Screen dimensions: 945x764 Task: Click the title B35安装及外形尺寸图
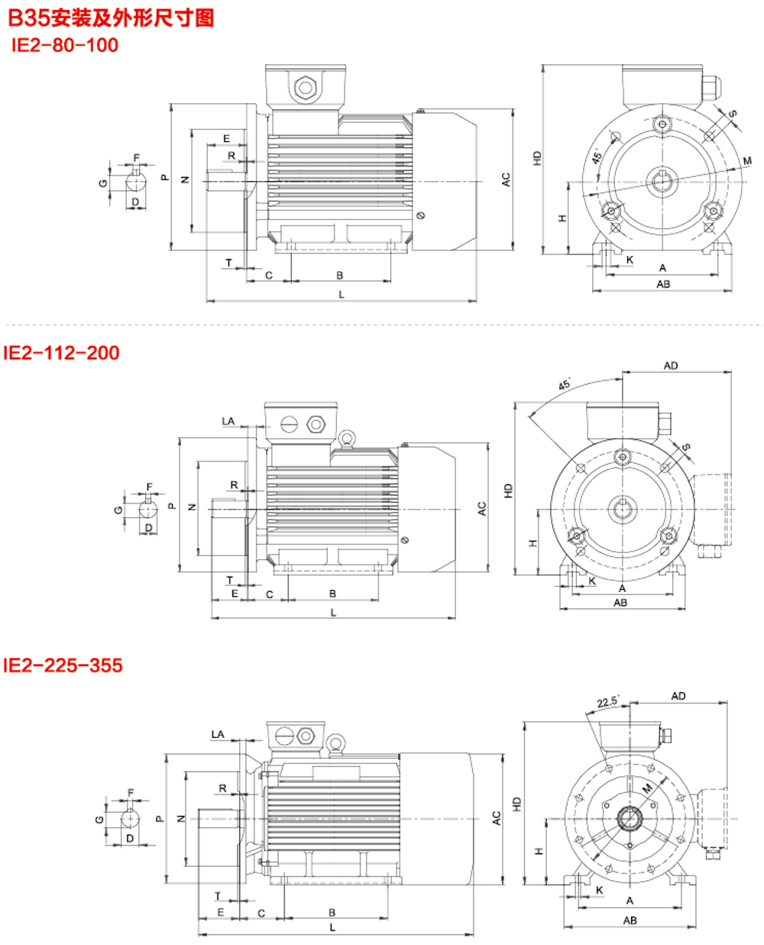(x=111, y=18)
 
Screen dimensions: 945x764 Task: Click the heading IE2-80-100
(x=65, y=45)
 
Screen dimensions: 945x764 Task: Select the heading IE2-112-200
(x=61, y=352)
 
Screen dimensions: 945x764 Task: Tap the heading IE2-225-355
(x=63, y=665)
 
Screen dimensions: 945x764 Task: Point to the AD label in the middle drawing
(x=671, y=366)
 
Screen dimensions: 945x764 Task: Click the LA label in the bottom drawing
(x=218, y=735)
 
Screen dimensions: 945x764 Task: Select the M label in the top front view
(x=747, y=161)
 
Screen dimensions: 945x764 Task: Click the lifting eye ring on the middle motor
(x=348, y=437)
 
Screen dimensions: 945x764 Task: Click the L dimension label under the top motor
(x=342, y=294)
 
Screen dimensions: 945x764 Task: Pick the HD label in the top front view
(x=537, y=159)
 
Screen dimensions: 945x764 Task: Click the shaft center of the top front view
(x=660, y=182)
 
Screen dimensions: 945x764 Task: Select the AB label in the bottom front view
(x=630, y=921)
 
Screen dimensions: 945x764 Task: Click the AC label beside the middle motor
(x=482, y=508)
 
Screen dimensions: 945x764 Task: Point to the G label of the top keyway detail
(x=102, y=183)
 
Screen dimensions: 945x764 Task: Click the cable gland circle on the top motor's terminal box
(x=306, y=88)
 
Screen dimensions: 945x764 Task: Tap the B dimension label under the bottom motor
(x=332, y=912)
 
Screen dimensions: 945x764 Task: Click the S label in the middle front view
(x=686, y=448)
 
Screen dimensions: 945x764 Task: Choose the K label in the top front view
(x=630, y=261)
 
